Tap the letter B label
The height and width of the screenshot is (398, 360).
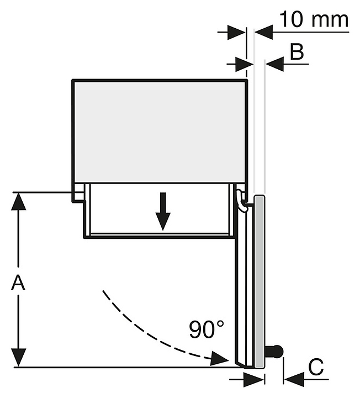pyautogui.click(x=297, y=53)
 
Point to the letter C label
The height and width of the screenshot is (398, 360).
pyautogui.click(x=315, y=367)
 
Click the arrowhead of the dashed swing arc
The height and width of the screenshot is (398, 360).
pyautogui.click(x=221, y=360)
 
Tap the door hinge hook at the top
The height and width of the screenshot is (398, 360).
pyautogui.click(x=242, y=200)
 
